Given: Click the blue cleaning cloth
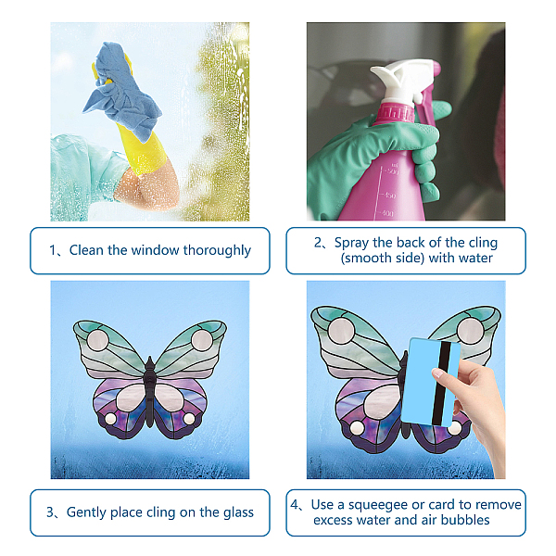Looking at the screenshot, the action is click(120, 92).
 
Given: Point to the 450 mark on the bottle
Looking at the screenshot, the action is click(389, 196).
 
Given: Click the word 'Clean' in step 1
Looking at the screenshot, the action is click(84, 250).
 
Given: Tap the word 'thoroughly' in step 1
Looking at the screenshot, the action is click(217, 251).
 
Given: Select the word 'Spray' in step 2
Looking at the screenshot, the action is click(351, 243).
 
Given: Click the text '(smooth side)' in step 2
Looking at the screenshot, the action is click(382, 259).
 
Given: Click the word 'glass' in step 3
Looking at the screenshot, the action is click(239, 512).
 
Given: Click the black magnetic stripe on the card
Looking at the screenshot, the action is click(441, 384).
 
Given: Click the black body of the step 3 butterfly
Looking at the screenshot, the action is click(149, 390).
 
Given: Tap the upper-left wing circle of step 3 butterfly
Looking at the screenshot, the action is click(98, 340).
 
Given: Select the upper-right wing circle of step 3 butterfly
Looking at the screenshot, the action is click(202, 339).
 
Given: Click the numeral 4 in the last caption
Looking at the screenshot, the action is click(295, 505).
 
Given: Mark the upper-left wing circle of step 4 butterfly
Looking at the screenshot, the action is click(341, 331).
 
